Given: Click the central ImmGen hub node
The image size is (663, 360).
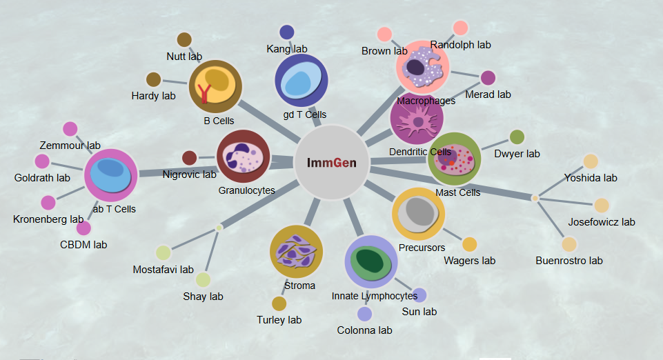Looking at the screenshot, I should pyautogui.click(x=331, y=163).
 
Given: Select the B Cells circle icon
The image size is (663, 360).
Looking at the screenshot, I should pyautogui.click(x=215, y=86).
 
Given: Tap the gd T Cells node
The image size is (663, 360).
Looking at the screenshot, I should pyautogui.click(x=301, y=81).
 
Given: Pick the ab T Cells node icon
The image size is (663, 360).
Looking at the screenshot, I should pyautogui.click(x=110, y=175).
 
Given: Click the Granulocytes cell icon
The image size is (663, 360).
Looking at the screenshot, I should pyautogui.click(x=243, y=157).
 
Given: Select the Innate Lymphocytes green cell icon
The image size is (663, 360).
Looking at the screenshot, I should pyautogui.click(x=371, y=262).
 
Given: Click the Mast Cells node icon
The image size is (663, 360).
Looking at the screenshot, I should pyautogui.click(x=455, y=159).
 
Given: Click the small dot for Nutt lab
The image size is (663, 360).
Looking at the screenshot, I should pyautogui.click(x=184, y=40).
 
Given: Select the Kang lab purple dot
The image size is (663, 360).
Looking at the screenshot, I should pyautogui.click(x=287, y=32).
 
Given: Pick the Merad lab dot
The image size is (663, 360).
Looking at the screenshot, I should pyautogui.click(x=488, y=77).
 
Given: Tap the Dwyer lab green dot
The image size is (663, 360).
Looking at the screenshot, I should pyautogui.click(x=517, y=137).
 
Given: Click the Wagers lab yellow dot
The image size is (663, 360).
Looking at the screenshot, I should pyautogui.click(x=470, y=244).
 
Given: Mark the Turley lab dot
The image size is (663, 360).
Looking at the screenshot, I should pyautogui.click(x=279, y=303).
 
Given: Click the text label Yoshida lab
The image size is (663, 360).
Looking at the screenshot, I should pyautogui.click(x=591, y=178).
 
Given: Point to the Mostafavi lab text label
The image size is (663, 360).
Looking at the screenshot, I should pyautogui.click(x=164, y=270).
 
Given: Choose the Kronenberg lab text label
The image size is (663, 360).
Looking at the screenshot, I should pyautogui.click(x=48, y=220).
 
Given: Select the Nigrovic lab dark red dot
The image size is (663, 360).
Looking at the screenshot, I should pyautogui.click(x=190, y=158).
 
